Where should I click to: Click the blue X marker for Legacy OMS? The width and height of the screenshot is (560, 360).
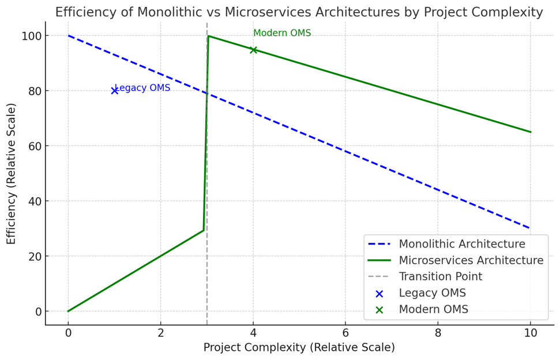tap(115, 91)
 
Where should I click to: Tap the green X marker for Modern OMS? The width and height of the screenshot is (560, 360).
tap(253, 50)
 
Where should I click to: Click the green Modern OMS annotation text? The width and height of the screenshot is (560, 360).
tap(282, 33)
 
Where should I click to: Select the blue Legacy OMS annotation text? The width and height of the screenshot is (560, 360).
tap(142, 88)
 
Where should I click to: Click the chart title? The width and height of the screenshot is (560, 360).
tap(299, 12)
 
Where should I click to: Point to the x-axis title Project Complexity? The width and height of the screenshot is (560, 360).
tap(299, 348)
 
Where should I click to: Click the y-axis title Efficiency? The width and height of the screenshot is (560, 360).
tap(12, 173)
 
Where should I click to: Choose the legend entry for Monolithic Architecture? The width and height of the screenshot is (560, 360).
tap(462, 244)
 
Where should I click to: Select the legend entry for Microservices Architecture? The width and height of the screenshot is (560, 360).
tap(471, 260)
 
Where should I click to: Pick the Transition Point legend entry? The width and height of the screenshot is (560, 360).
tap(440, 277)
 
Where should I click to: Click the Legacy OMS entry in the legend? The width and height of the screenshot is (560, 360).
tap(432, 293)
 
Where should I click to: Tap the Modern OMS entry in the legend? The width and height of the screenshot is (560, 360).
tap(433, 310)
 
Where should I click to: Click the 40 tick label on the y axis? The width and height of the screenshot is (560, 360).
tap(35, 201)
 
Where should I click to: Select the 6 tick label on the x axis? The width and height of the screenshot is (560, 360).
tap(345, 332)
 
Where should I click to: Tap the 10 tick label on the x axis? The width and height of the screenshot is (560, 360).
tap(530, 332)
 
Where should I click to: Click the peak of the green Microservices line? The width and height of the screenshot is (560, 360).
tap(208, 36)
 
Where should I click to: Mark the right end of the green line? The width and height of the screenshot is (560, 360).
tap(531, 132)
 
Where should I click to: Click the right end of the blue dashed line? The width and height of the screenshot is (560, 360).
tap(531, 228)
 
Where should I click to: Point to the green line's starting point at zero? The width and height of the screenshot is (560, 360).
tap(68, 312)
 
